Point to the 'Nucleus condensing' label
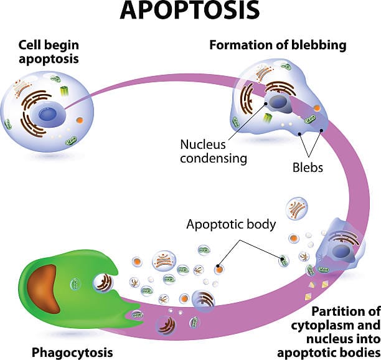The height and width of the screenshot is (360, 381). pos(214,151)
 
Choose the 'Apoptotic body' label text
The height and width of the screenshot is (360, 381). pos(231,225)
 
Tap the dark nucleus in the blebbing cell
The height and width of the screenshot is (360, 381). pos(277,103)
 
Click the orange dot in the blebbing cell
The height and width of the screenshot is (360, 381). pos(316,108)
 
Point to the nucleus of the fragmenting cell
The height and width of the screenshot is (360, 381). pos(341,251)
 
